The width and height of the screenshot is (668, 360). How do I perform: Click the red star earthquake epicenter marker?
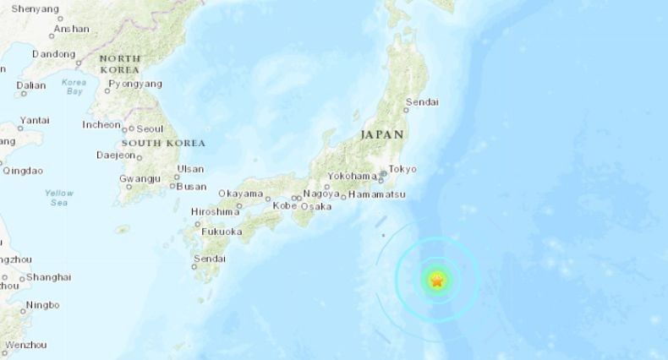(x=436, y=281)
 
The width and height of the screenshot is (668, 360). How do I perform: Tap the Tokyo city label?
(x=402, y=169)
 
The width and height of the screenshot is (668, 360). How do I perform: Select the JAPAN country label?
(x=381, y=134)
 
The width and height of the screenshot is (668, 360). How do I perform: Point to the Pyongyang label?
(x=137, y=84)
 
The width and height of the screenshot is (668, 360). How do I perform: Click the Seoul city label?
(x=150, y=128)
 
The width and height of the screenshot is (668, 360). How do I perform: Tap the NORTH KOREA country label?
(x=120, y=63)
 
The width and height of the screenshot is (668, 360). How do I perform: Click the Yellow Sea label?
(x=59, y=198)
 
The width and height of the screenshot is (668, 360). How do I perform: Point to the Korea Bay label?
(x=74, y=86)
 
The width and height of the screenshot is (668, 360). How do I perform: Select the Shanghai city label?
(x=49, y=276)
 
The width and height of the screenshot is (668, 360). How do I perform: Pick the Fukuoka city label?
(x=222, y=231)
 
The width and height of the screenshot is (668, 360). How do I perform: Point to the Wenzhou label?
(x=25, y=345)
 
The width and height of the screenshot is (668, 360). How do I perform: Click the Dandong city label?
(x=54, y=54)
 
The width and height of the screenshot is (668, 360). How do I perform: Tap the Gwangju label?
(x=140, y=179)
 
